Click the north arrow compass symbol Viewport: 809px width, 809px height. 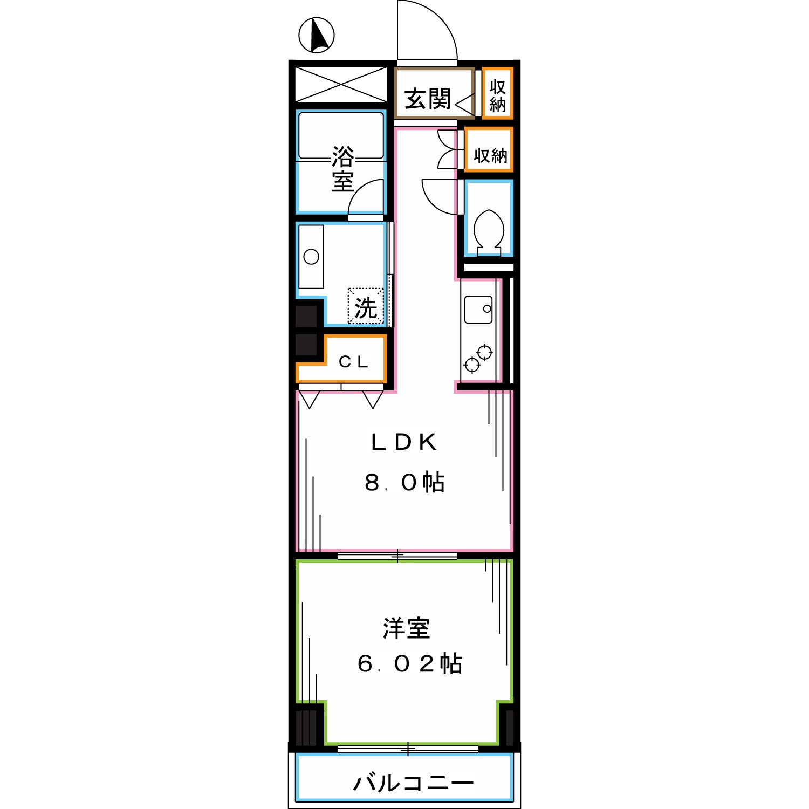point(317,35)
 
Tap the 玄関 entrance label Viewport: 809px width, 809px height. point(427,99)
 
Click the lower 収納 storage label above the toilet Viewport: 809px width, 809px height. point(490,155)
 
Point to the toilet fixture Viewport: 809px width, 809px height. point(489,231)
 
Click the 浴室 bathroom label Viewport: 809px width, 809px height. point(342,168)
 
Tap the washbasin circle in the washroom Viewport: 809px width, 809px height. point(311,257)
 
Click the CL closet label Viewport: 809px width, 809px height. point(353,362)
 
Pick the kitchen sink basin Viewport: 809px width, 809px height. point(478,309)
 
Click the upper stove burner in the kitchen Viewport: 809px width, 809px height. point(485,353)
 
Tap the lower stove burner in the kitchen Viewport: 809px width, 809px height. point(472,365)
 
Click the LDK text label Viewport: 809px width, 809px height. point(403,442)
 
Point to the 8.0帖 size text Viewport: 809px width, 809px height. point(404,482)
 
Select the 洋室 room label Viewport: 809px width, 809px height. point(406,628)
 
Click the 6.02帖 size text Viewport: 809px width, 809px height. point(409,663)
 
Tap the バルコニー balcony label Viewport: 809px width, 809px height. point(413,783)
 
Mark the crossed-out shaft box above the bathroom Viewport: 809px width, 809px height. point(341,84)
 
